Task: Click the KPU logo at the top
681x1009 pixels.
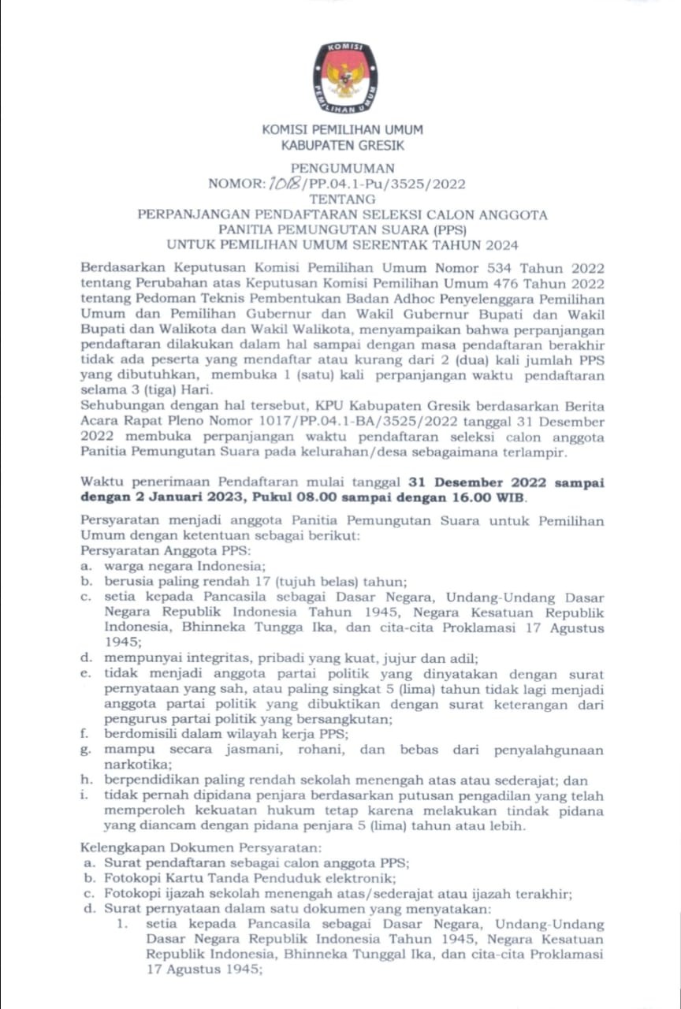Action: click(x=344, y=76)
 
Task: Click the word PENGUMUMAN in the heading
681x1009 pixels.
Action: click(x=341, y=168)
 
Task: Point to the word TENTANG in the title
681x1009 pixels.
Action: click(x=341, y=199)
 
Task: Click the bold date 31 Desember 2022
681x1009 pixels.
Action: click(x=482, y=482)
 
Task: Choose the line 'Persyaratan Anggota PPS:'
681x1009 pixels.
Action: click(x=165, y=550)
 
